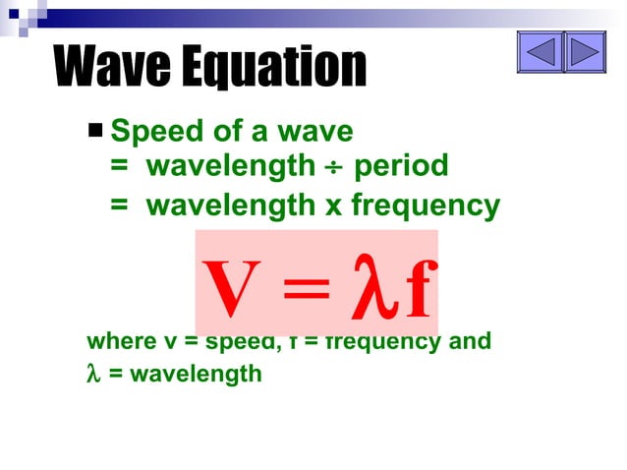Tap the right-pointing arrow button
coord(585,51)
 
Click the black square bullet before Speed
coord(95,129)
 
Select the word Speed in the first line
coord(150,131)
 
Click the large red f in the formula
coord(417,289)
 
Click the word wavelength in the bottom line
coord(196,374)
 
